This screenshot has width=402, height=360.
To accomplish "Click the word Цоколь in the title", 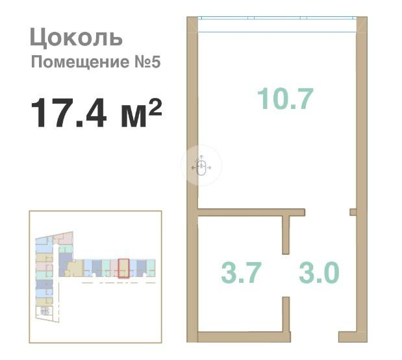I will [x=75, y=37].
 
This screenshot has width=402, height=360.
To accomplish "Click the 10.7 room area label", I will [x=285, y=99].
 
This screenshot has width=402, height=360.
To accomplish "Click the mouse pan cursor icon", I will [x=201, y=167].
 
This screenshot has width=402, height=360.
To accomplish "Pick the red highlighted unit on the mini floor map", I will [x=124, y=267].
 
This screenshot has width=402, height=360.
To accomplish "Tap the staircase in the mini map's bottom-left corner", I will [x=44, y=311].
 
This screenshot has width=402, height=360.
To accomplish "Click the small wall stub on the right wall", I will [x=353, y=211].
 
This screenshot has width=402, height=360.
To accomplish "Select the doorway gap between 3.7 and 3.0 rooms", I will [x=285, y=275].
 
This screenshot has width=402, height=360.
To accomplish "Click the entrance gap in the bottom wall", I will [x=314, y=337].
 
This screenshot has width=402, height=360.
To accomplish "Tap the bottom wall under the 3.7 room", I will [x=243, y=337].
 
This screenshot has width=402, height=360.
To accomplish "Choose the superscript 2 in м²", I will [x=155, y=106].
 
